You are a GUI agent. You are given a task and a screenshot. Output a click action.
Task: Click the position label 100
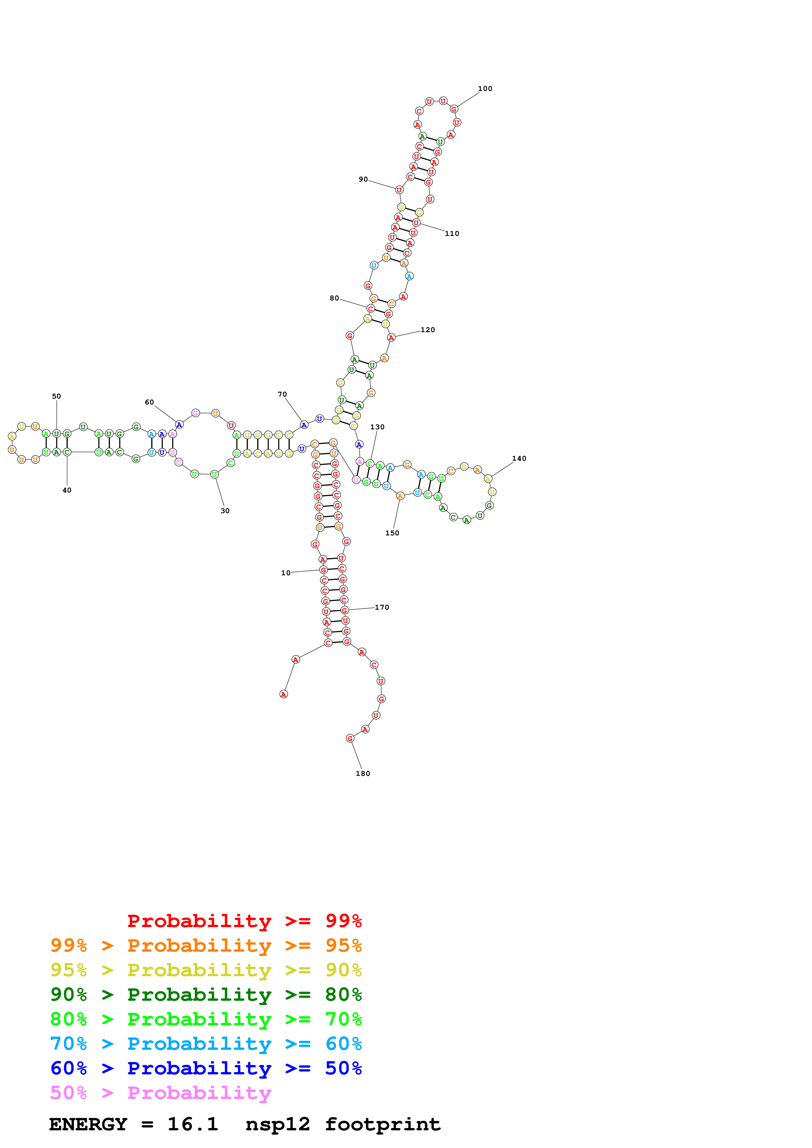pyautogui.click(x=485, y=88)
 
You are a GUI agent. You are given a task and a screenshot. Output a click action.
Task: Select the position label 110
pyautogui.click(x=452, y=234)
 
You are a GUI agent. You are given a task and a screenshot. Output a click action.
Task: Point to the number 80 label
pyautogui.click(x=334, y=298)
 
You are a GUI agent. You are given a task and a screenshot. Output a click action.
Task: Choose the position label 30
pyautogui.click(x=225, y=511)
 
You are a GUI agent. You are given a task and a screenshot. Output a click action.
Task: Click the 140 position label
pyautogui.click(x=519, y=458)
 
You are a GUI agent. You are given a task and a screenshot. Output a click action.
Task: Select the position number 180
pyautogui.click(x=363, y=774)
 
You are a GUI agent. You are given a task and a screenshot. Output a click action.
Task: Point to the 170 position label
pyautogui.click(x=382, y=607)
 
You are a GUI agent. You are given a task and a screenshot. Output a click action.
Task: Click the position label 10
pyautogui.click(x=285, y=573)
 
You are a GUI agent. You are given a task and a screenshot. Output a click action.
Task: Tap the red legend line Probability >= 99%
pyautogui.click(x=244, y=921)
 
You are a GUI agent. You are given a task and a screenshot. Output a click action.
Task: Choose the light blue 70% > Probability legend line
pyautogui.click(x=206, y=1044)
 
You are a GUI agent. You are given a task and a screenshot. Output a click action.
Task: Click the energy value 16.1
pyautogui.click(x=193, y=1124)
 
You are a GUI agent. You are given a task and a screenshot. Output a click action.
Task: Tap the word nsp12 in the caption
pyautogui.click(x=278, y=1124)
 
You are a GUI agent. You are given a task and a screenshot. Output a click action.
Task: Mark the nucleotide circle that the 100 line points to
pyautogui.click(x=454, y=109)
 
